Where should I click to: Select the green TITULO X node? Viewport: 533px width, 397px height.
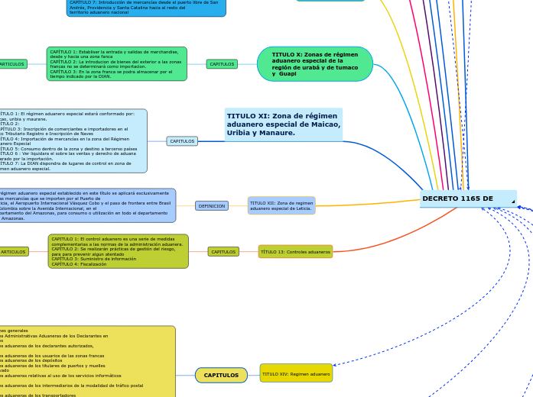pos(314,64)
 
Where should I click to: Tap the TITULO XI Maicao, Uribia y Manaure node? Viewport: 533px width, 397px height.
pos(283,124)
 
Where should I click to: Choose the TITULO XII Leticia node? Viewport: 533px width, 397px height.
pos(281,205)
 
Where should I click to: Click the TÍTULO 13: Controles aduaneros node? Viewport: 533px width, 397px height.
pos(295,251)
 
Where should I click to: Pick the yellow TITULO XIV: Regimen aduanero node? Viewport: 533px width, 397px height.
pos(296,373)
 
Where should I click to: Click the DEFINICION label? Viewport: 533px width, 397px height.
pos(212,205)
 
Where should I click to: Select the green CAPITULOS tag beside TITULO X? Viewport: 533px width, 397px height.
pos(222,64)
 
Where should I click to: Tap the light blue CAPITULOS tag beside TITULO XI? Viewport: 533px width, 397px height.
pos(182,141)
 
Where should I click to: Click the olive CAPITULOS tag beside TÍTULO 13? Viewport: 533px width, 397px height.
pos(223,251)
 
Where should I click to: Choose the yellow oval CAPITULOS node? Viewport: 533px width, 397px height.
pos(221,375)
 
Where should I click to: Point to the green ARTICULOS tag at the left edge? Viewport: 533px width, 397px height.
pos(12,64)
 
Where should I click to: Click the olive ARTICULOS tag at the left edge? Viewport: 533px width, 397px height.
pos(14,251)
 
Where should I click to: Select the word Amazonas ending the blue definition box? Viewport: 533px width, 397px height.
pos(13,218)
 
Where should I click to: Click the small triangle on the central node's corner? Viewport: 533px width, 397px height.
pos(513,202)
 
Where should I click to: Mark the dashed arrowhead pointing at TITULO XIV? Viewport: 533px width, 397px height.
pos(336,365)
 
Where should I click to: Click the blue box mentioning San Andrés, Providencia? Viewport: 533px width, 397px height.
pos(145,8)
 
